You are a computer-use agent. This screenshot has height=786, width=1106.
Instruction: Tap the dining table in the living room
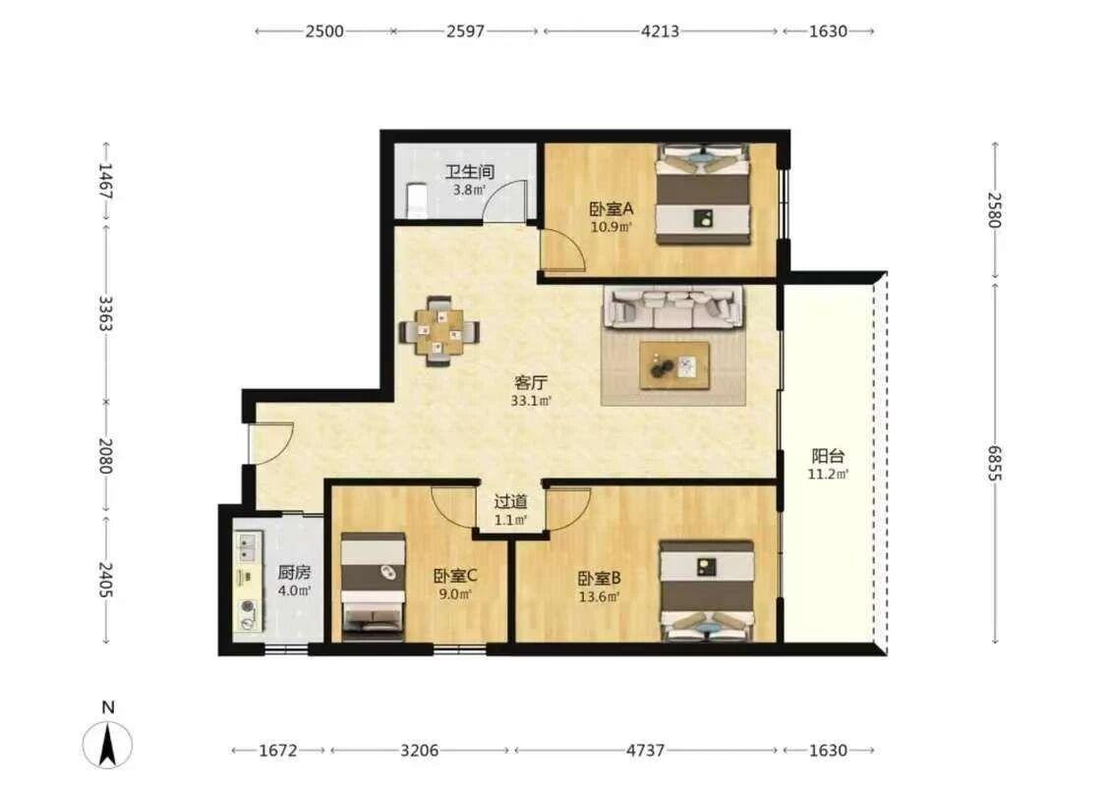tap(438, 331)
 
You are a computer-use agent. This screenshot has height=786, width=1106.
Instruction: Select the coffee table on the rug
tap(674, 365)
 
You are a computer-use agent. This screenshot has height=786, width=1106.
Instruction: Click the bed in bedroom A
tap(703, 195)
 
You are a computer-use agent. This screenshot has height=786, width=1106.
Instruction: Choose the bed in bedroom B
tap(707, 590)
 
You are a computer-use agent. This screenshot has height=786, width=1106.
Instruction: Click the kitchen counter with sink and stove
tap(248, 582)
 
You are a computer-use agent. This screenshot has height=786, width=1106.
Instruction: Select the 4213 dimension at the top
tap(661, 31)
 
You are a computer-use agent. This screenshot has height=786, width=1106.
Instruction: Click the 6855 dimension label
tap(994, 463)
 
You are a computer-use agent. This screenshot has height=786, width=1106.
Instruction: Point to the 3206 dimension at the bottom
tap(420, 751)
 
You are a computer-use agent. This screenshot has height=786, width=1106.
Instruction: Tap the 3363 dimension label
tap(105, 313)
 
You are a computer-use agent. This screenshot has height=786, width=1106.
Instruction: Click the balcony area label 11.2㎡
tap(828, 475)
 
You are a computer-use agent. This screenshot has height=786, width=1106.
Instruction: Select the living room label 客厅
tap(531, 383)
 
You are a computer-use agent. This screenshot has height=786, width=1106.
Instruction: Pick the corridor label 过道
tap(510, 502)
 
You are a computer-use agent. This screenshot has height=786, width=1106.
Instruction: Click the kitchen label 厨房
tap(293, 573)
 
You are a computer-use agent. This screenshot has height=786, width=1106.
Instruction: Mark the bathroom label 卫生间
tap(469, 171)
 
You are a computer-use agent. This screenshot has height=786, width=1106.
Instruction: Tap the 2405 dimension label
tap(105, 580)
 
